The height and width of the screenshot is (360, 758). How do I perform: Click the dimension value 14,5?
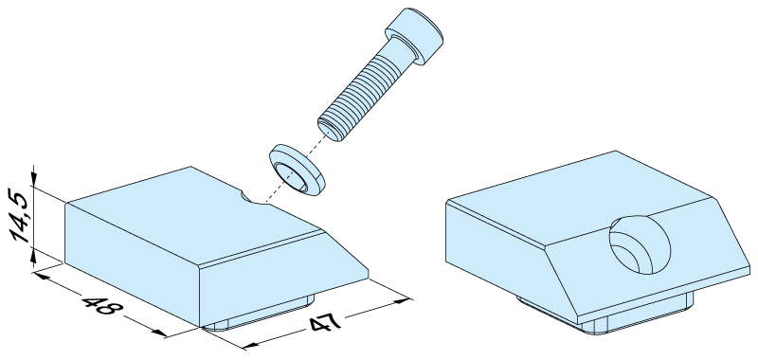tap(21, 215)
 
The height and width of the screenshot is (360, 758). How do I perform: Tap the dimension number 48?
tap(99, 305)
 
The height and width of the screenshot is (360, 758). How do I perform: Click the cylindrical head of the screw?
tap(414, 36)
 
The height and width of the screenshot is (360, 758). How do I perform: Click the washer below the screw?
tap(297, 170)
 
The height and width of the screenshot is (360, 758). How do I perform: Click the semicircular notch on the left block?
tap(254, 198)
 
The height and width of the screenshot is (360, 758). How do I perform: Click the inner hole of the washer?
tap(291, 176)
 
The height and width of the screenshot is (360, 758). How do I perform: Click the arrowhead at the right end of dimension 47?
tap(404, 300)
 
